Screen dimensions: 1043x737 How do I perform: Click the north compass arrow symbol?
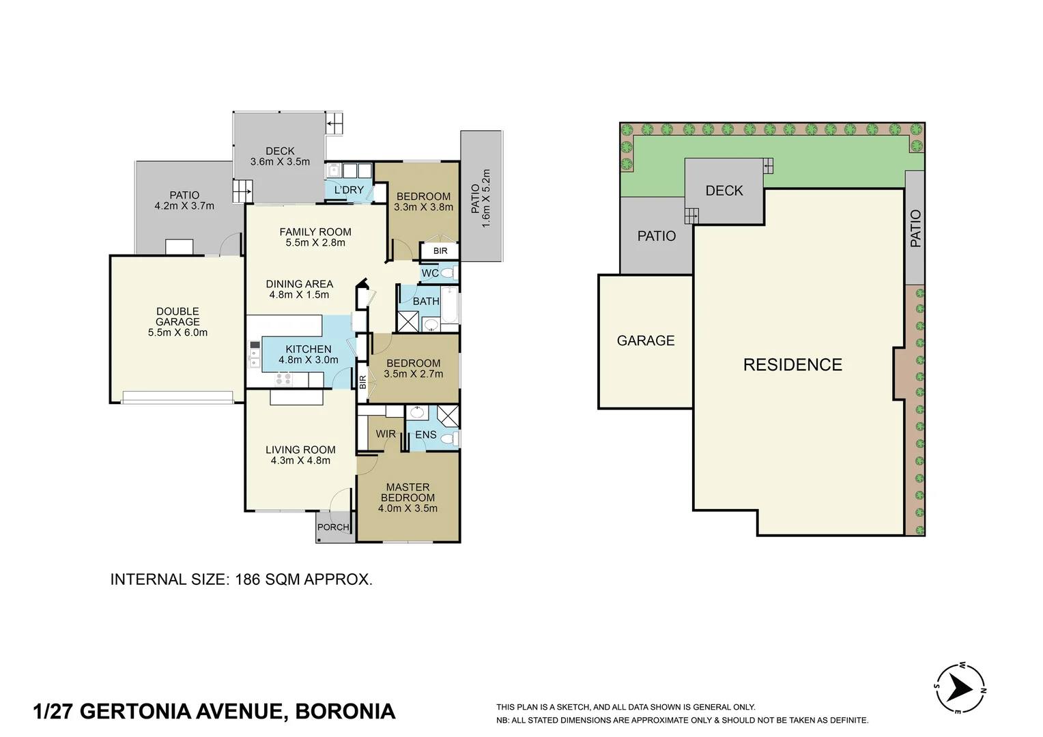pyautogui.click(x=960, y=689)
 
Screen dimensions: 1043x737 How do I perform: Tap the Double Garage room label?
pyautogui.click(x=177, y=321)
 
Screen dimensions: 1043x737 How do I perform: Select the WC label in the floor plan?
pyautogui.click(x=430, y=273)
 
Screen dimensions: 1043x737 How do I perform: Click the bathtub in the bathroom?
pyautogui.click(x=449, y=305)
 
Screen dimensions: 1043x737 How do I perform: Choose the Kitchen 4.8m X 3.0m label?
pyautogui.click(x=309, y=354)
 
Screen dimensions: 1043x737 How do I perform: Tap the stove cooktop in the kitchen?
pyautogui.click(x=283, y=379)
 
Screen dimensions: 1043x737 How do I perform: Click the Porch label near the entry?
pyautogui.click(x=333, y=527)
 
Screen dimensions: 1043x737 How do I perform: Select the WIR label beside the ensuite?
pyautogui.click(x=386, y=434)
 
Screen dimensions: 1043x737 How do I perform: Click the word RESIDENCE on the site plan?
pyautogui.click(x=792, y=364)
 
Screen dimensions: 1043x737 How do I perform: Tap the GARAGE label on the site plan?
pyautogui.click(x=645, y=341)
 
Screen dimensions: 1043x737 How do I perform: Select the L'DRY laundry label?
pyautogui.click(x=349, y=190)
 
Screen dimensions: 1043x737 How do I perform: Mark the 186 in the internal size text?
pyautogui.click(x=247, y=579)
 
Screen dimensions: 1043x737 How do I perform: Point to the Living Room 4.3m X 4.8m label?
pyautogui.click(x=300, y=455)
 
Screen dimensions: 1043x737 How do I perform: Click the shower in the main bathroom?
pyautogui.click(x=407, y=321)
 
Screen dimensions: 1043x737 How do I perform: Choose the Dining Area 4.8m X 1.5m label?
pyautogui.click(x=300, y=289)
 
